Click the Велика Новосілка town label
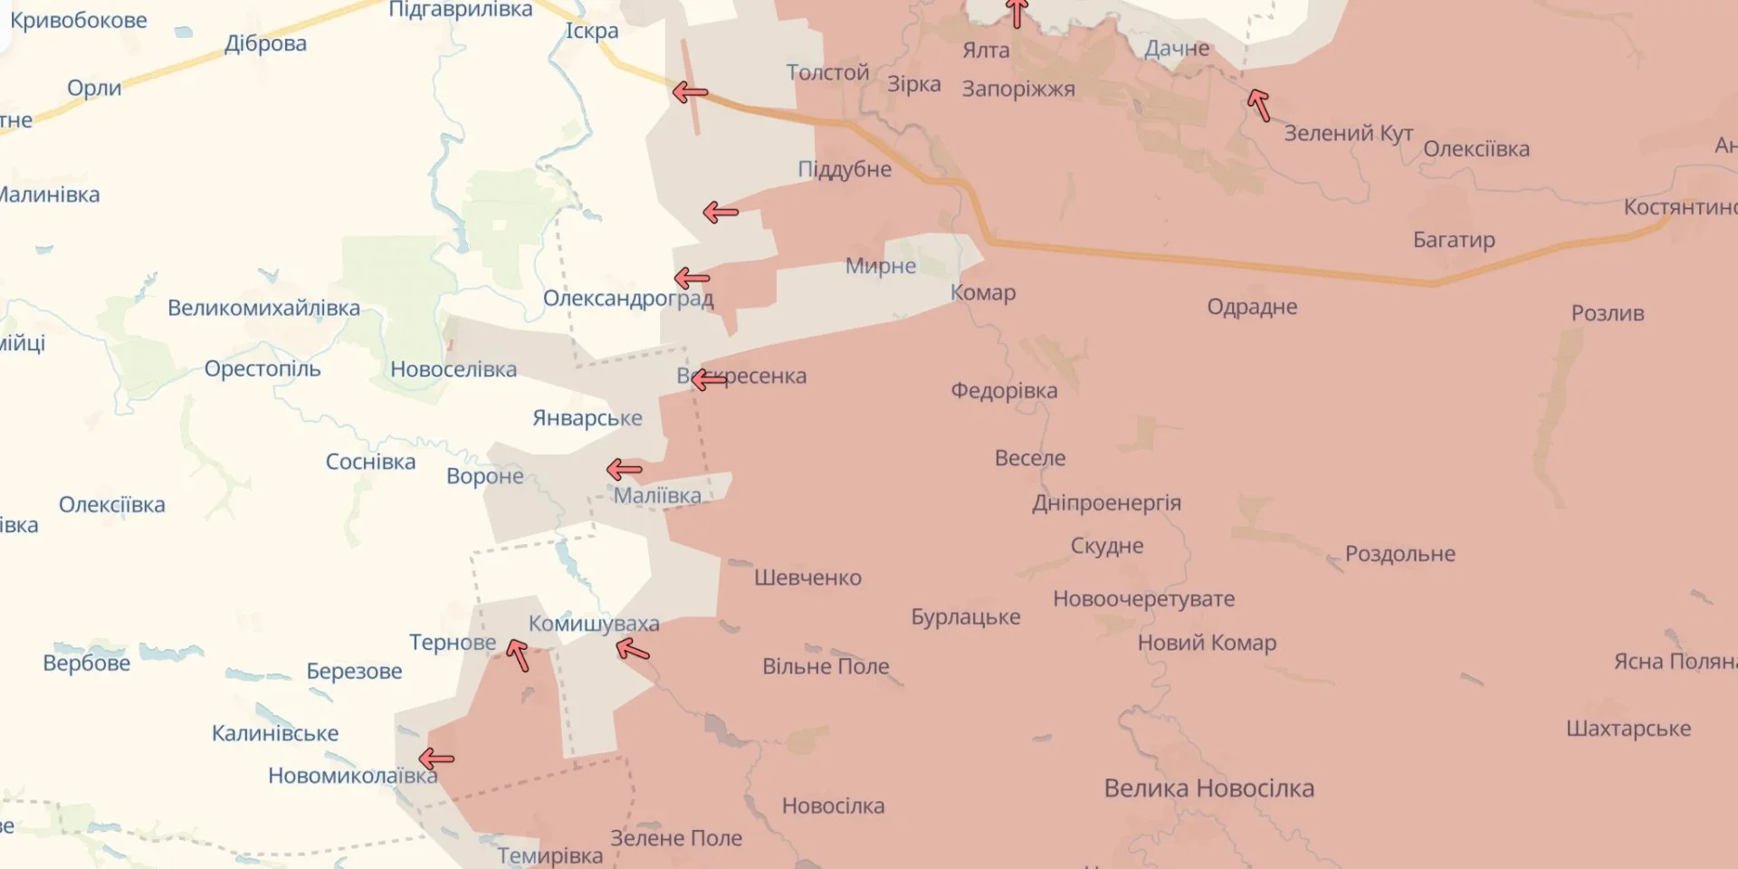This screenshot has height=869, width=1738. tap(1208, 788)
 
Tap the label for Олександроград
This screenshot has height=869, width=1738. tap(627, 298)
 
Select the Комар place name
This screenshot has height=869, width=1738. tap(983, 292)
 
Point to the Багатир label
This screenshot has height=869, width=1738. tap(1454, 240)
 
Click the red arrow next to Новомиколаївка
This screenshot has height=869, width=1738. tap(436, 759)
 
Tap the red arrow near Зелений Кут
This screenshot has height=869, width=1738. tap(1258, 104)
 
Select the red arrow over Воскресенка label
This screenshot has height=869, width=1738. tap(709, 379)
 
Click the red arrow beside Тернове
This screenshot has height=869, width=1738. tap(518, 654)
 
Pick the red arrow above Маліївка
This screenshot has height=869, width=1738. tap(624, 470)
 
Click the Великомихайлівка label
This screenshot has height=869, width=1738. tap(263, 308)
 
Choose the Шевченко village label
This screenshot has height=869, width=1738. tap(807, 578)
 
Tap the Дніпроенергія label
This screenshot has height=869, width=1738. tap(1106, 503)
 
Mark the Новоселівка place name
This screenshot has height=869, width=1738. tap(454, 369)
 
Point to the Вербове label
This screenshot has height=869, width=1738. tap(87, 664)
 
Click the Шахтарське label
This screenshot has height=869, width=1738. tap(1628, 729)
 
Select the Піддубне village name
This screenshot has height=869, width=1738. tap(845, 169)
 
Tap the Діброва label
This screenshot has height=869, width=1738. tap(265, 43)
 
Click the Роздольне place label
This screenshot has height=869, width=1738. tap(1399, 554)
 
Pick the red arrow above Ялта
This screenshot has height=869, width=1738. tap(1017, 13)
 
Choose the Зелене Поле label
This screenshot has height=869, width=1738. tap(676, 838)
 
